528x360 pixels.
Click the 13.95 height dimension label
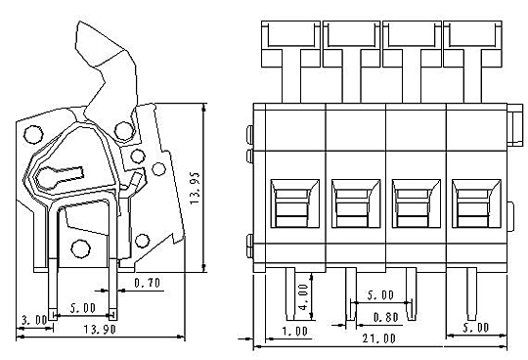coord(195,188)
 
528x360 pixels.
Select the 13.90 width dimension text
coord(100,329)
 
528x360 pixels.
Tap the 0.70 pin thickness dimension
coord(147,283)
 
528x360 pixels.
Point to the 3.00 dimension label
coord(34,320)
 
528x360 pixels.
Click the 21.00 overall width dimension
coord(378,338)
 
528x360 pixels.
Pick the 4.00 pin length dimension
coord(303,297)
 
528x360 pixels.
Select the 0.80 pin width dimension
coord(386,317)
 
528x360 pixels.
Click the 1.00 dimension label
coord(295,332)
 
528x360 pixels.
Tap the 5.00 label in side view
coord(83,308)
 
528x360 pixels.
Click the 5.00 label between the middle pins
coord(380,295)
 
